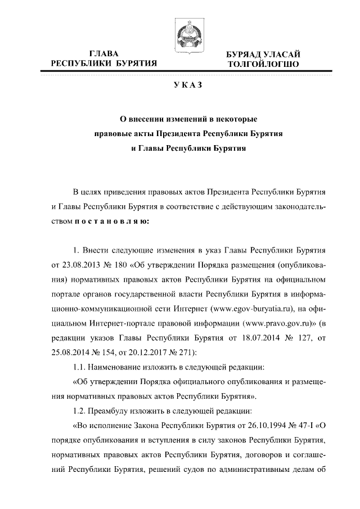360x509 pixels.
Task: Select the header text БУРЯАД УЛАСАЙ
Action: coord(259,54)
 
